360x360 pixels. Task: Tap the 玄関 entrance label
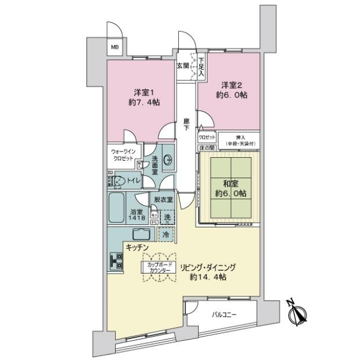(183, 66)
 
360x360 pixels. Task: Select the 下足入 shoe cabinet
(202, 65)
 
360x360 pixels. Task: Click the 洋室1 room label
(143, 97)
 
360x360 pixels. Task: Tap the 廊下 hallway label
(187, 125)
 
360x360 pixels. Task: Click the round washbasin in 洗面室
(168, 159)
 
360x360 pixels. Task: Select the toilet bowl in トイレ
(119, 180)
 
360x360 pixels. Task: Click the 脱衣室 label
(163, 200)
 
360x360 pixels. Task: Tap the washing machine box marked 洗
(167, 217)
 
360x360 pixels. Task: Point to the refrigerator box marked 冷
(166, 235)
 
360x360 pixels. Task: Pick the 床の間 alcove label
(206, 148)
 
